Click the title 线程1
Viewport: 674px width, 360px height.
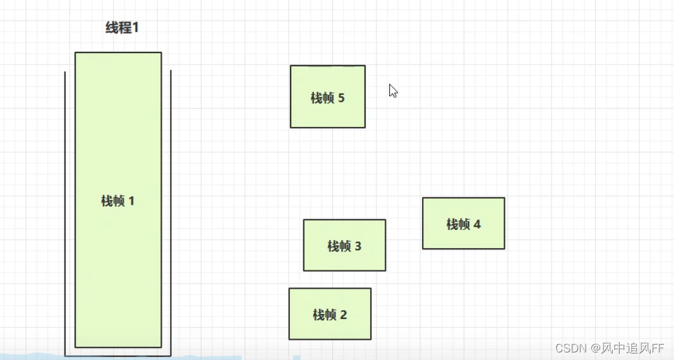coord(121,28)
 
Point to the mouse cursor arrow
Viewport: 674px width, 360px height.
coord(392,90)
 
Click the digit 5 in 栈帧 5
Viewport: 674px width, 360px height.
coord(342,98)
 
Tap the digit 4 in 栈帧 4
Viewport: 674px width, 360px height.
coord(477,224)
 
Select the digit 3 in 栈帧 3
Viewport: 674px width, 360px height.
coord(358,246)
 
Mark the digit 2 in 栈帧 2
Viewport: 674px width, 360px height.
coord(344,315)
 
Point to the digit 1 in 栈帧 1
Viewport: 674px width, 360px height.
coord(131,201)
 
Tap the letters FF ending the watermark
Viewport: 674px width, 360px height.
coord(658,348)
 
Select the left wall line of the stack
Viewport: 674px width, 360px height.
coord(65,215)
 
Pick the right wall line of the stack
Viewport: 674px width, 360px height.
coord(171,215)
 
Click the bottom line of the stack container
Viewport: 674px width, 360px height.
coord(118,356)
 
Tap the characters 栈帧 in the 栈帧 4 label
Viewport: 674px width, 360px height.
coord(458,224)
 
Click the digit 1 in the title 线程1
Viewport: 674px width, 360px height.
coord(134,28)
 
